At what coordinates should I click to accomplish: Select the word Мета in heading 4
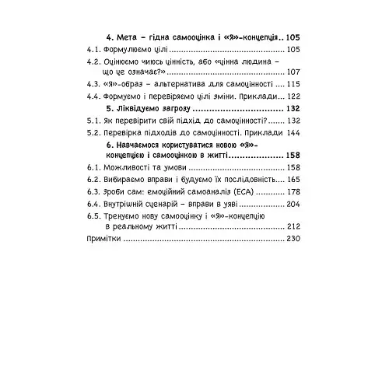pyautogui.click(x=128, y=37)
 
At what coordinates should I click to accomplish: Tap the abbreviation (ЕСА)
pyautogui.click(x=242, y=191)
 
